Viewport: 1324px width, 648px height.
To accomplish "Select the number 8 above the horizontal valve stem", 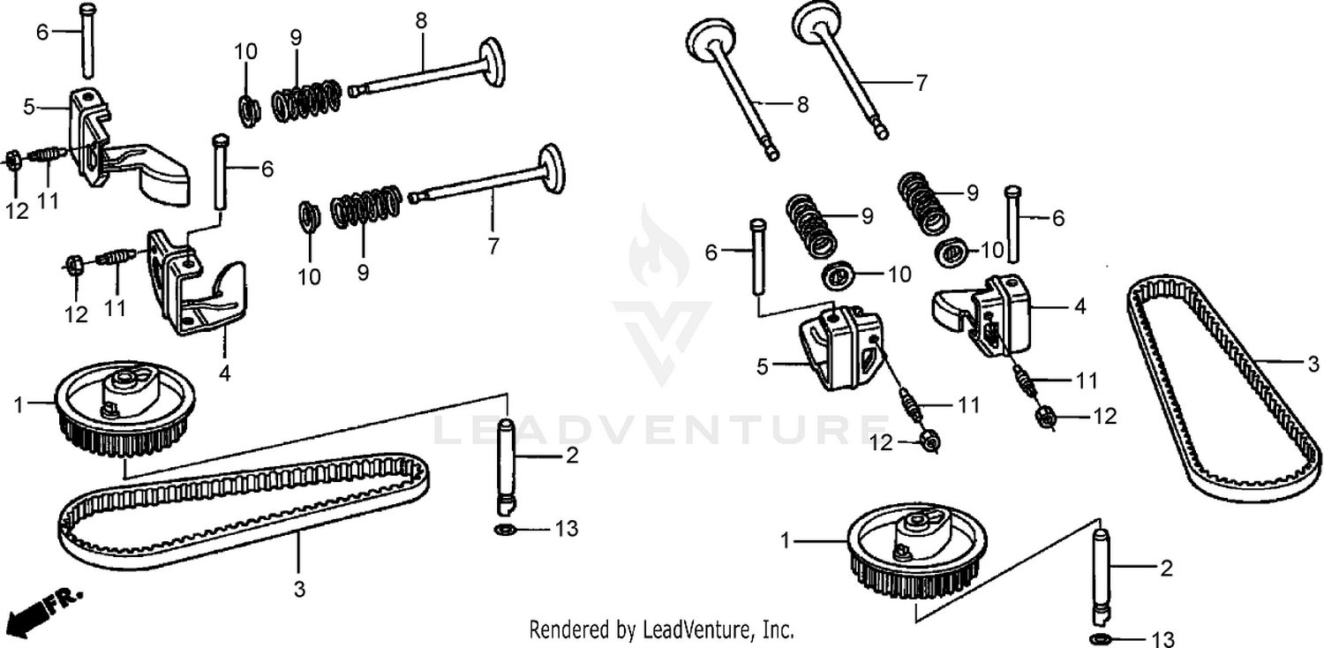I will pos(421,20).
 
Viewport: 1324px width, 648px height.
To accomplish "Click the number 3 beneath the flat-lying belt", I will pos(299,589).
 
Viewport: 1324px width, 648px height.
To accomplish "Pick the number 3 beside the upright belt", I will pos(1313,363).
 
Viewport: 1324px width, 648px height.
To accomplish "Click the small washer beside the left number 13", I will pos(506,530).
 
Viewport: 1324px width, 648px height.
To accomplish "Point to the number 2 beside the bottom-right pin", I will pos(1166,569).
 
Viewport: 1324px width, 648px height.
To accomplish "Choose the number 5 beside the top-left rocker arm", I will pos(29,108).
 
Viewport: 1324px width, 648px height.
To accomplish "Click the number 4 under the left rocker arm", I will pos(225,373).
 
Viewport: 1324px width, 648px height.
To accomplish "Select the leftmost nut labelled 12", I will pos(13,161).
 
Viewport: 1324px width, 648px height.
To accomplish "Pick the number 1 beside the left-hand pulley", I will pos(19,405).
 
